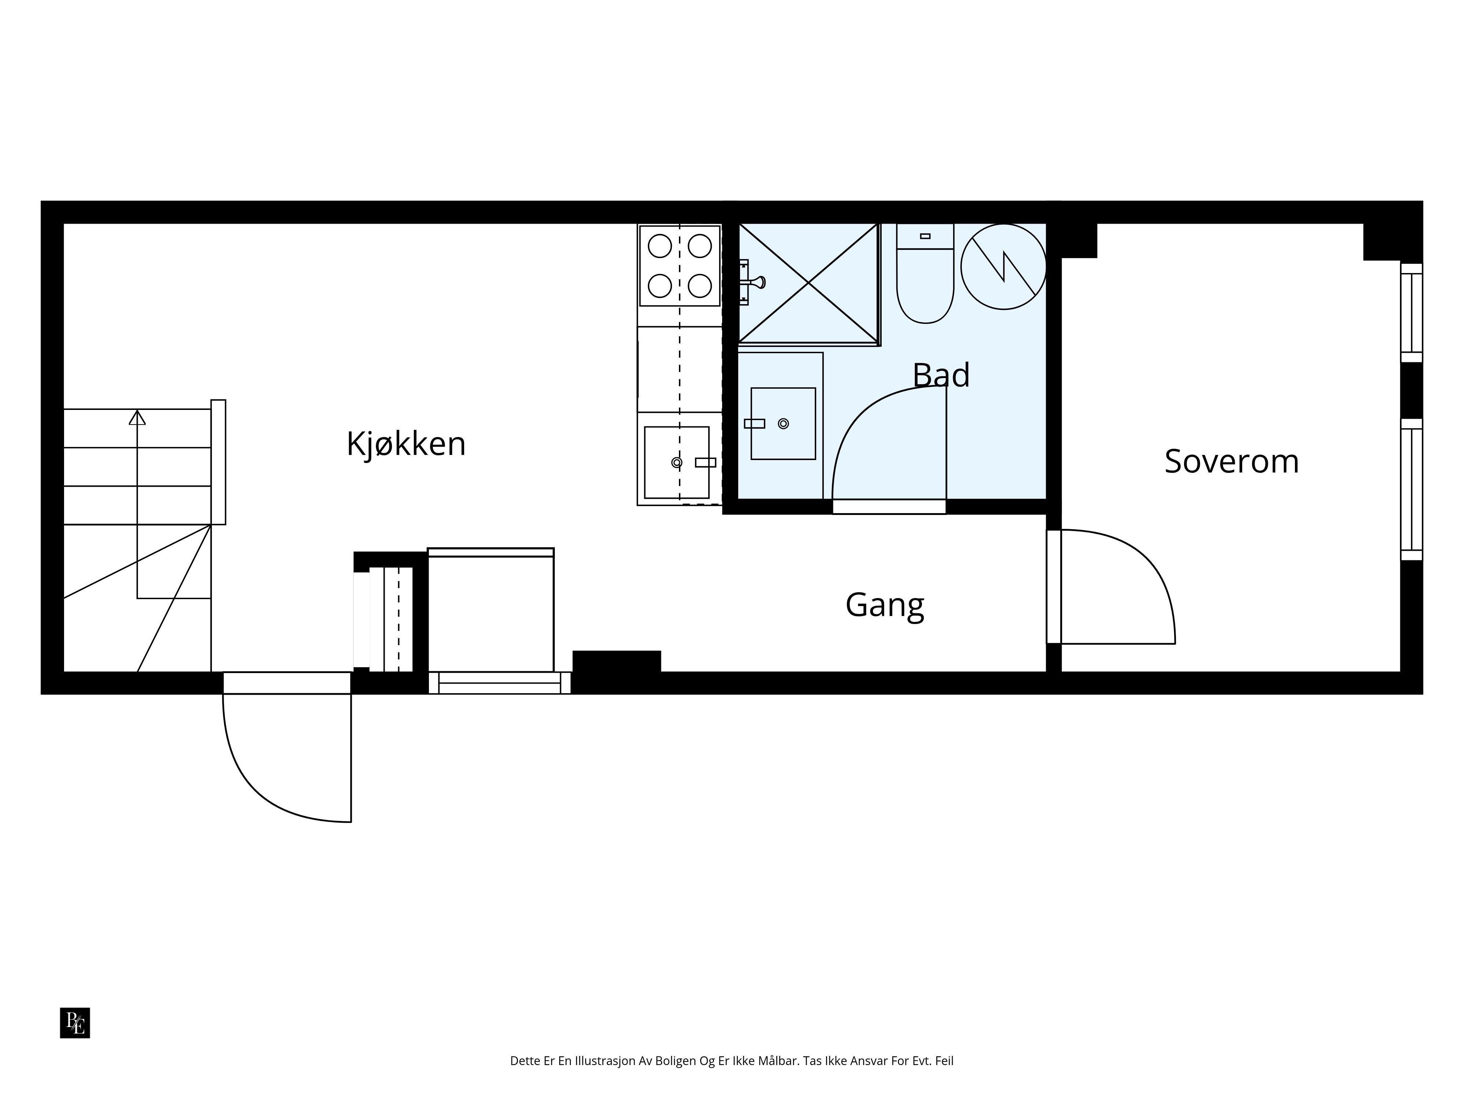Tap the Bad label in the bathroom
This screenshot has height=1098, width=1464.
tap(941, 375)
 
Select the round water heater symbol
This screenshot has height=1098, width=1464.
tap(1003, 266)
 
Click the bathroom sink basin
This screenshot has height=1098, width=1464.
tap(783, 423)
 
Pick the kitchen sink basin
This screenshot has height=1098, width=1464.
tap(676, 462)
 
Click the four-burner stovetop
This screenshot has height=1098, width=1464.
tap(680, 265)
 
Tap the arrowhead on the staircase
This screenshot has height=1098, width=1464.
tap(137, 418)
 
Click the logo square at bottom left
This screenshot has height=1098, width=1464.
tap(75, 1023)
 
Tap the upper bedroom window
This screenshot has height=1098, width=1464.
tap(1412, 313)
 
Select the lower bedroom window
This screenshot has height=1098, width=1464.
tap(1412, 489)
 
